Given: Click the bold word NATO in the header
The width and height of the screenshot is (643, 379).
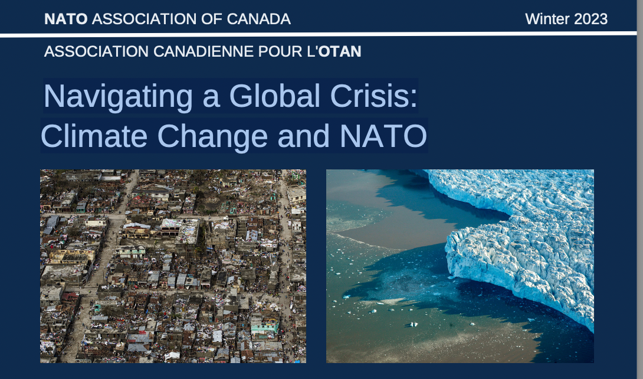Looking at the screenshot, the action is [x=66, y=19].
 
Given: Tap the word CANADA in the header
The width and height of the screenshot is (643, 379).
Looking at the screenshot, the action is [x=259, y=19].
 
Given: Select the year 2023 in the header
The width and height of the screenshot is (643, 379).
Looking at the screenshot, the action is [x=591, y=19].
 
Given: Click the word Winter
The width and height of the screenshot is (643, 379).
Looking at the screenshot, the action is [x=547, y=19].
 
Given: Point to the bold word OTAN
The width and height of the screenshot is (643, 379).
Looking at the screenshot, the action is [x=340, y=51].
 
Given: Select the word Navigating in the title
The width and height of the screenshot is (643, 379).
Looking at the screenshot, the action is [x=118, y=97].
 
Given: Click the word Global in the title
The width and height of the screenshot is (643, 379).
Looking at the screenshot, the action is [x=274, y=96].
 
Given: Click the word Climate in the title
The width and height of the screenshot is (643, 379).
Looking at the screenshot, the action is [x=94, y=136].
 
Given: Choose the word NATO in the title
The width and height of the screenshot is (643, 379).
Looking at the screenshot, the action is [x=383, y=136].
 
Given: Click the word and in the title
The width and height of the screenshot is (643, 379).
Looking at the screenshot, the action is [x=303, y=136].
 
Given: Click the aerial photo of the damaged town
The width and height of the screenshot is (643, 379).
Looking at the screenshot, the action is [x=173, y=266].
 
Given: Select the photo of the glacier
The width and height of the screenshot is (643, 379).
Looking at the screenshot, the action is [x=460, y=266].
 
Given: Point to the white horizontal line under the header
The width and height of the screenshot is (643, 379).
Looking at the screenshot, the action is [x=318, y=34].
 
